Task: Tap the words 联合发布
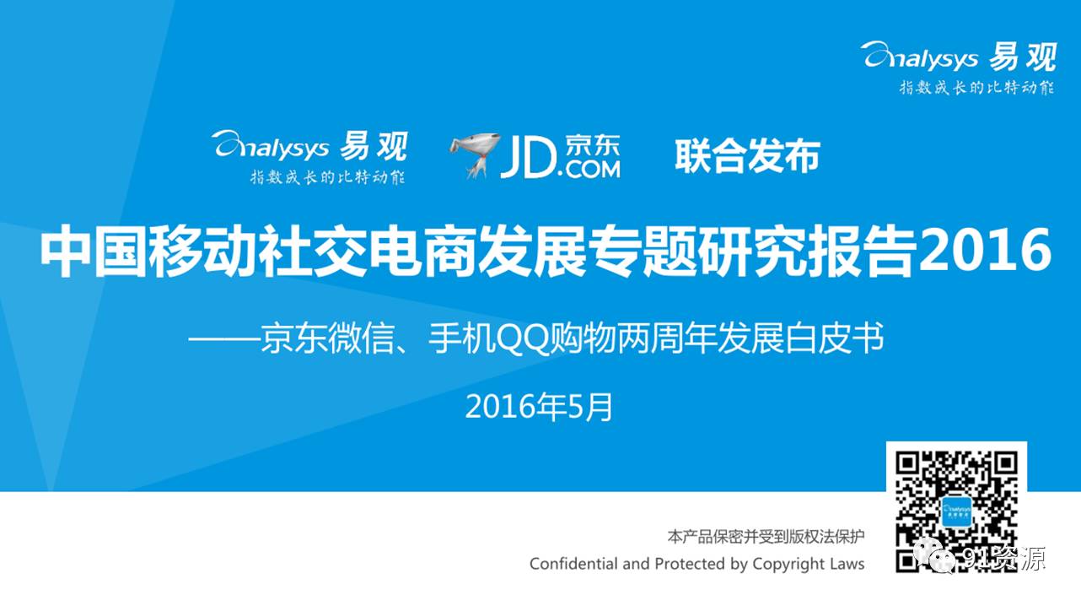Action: click(748, 156)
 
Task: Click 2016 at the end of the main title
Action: click(985, 250)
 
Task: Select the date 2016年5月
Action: click(539, 407)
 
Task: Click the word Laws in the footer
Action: click(847, 564)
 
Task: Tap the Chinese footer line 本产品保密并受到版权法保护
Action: click(766, 537)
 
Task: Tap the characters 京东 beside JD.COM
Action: click(592, 145)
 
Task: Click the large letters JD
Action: click(530, 157)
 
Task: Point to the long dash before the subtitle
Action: click(223, 339)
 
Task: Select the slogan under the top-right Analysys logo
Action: click(976, 88)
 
